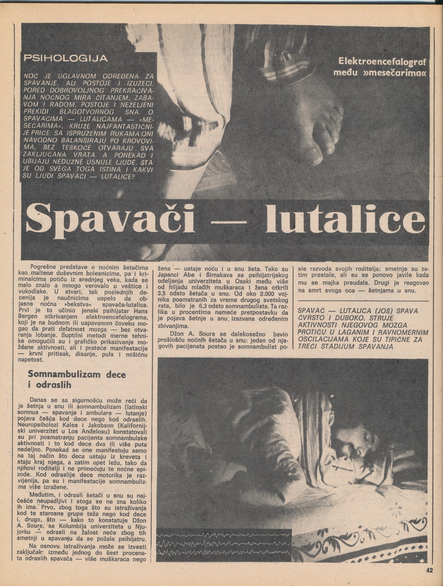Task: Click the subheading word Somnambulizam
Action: pos(64,374)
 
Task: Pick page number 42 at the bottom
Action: pos(429,570)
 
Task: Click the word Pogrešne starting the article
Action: pos(45,268)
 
